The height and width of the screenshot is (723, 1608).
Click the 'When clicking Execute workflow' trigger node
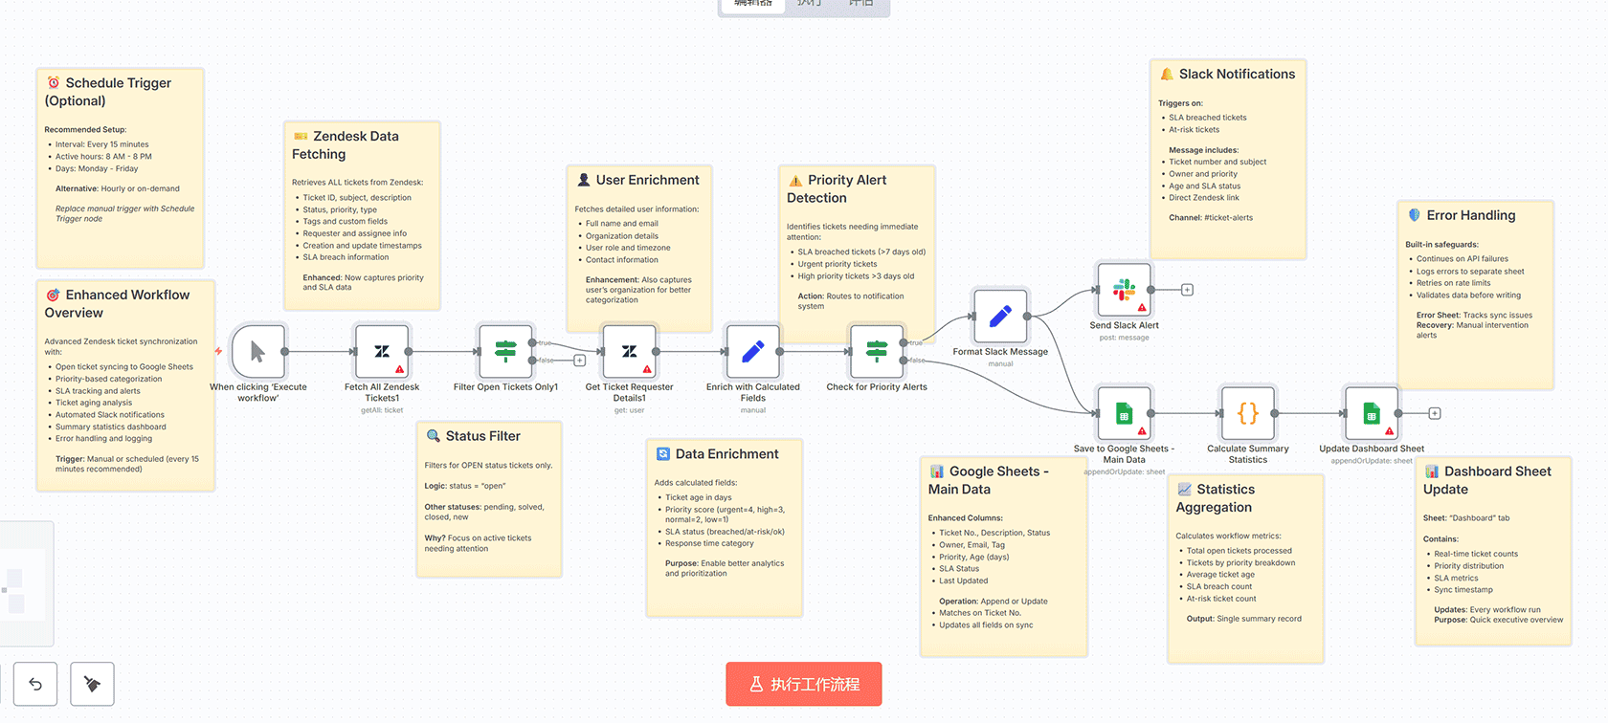click(x=257, y=351)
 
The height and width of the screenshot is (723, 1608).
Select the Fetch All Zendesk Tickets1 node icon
click(x=382, y=351)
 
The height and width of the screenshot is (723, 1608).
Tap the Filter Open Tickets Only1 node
click(x=505, y=351)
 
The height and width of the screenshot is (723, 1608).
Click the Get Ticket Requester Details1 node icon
click(x=629, y=351)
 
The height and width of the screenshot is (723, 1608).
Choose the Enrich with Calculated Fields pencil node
click(x=752, y=351)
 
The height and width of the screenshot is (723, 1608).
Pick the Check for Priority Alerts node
click(x=877, y=351)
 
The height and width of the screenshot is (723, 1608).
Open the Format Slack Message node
click(x=1000, y=316)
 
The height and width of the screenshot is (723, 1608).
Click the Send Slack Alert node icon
click(x=1124, y=289)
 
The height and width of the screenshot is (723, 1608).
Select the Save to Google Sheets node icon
click(x=1124, y=413)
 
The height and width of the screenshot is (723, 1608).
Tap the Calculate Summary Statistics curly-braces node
click(x=1247, y=413)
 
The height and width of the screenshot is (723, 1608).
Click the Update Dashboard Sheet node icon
click(x=1371, y=413)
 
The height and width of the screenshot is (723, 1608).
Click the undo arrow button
click(x=35, y=684)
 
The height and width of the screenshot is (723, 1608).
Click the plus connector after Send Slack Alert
click(x=1187, y=290)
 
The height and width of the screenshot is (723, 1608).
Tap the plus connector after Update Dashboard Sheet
click(x=1435, y=413)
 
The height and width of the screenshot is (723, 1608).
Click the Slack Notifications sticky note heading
click(x=1236, y=75)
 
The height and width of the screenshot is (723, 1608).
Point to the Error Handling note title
click(x=1470, y=216)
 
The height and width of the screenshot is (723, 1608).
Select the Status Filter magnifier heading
click(x=482, y=436)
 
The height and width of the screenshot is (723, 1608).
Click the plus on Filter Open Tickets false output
click(x=579, y=361)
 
